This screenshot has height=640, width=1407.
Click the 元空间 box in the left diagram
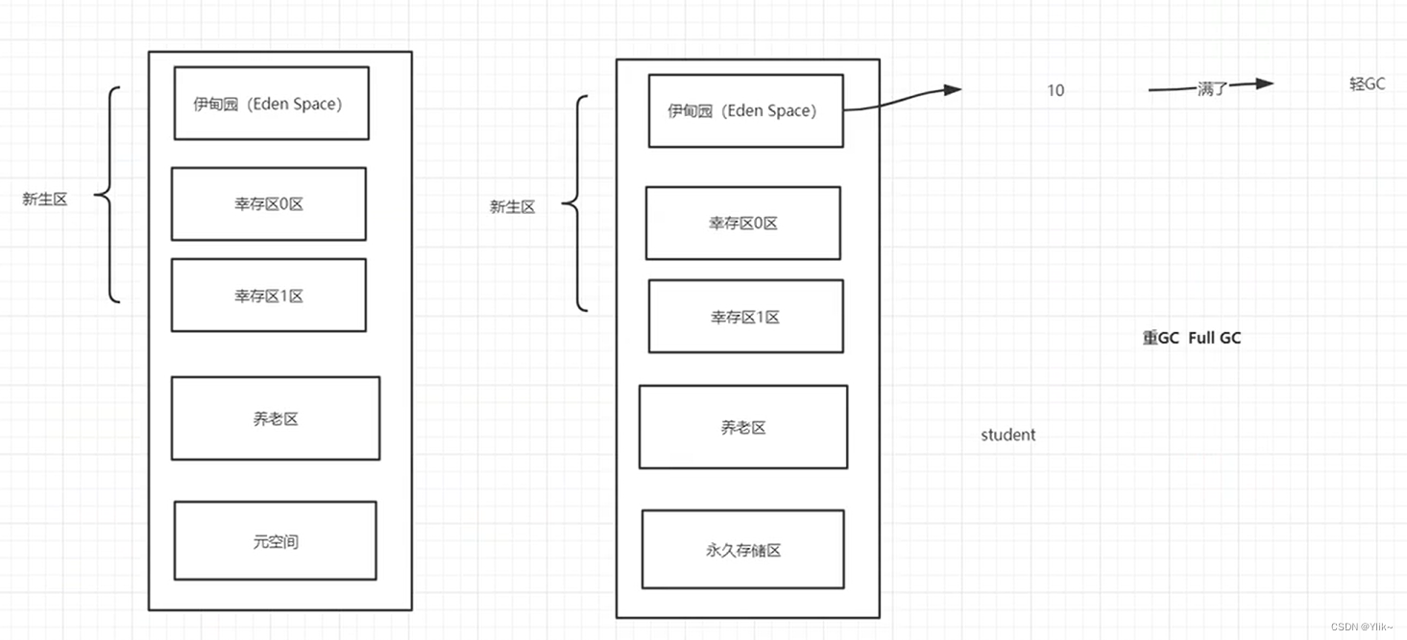pos(275,540)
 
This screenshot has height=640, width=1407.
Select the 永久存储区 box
pos(742,549)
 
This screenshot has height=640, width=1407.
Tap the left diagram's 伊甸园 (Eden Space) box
pos(271,103)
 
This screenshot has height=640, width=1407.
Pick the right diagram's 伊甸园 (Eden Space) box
pos(745,110)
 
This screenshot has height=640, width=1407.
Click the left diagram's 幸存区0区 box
pos(268,203)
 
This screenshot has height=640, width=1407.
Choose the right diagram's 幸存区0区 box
pos(742,223)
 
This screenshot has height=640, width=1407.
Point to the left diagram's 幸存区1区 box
pos(268,296)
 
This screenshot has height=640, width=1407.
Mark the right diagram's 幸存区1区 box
pos(745,316)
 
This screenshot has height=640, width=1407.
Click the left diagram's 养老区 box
pos(275,418)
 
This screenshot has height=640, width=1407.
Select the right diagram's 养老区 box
pos(742,427)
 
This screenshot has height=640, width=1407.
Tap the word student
pos(1007,435)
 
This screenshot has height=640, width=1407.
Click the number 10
pos(1055,90)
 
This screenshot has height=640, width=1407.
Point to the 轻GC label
pos(1367,83)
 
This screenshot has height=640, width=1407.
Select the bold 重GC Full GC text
pos(1191,338)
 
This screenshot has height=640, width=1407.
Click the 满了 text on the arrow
pos(1212,89)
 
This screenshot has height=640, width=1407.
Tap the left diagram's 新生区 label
pos(45,199)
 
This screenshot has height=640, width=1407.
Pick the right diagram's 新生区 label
pos(512,206)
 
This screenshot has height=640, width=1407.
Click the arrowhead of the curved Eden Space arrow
pos(951,90)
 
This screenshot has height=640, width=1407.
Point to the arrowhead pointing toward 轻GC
pos(1263,83)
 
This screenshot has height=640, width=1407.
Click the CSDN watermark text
pos(1362,627)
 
